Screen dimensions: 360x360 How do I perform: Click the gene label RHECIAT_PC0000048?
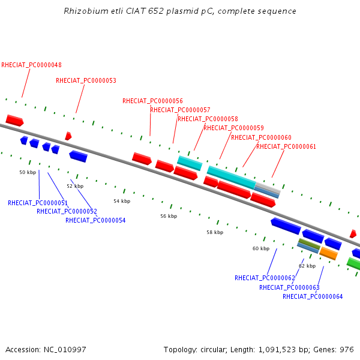point(31,65)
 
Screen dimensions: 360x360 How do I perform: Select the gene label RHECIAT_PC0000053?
point(86,80)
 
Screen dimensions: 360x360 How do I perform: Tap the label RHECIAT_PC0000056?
point(152,101)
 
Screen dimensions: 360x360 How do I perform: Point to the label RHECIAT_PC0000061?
point(286,146)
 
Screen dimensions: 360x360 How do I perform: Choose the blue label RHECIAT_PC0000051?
point(38,203)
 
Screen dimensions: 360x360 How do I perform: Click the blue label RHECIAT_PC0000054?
point(95,220)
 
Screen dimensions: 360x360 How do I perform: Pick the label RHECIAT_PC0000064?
point(313,296)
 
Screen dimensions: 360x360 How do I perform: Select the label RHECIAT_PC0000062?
point(265,278)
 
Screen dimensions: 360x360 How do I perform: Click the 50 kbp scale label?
point(28,172)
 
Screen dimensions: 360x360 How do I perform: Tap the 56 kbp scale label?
point(169,216)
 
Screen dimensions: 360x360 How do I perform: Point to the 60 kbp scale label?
point(261,248)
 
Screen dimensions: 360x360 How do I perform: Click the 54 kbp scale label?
point(122,202)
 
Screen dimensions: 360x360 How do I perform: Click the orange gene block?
point(329,253)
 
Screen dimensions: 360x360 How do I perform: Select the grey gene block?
point(268,187)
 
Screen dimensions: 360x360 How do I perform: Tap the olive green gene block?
point(309,244)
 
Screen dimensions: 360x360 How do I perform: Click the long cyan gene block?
point(232,178)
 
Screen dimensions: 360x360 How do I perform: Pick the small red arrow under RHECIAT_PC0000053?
point(68,136)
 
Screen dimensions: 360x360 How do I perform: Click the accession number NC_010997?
point(65,350)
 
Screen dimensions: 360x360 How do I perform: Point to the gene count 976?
point(347,350)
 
